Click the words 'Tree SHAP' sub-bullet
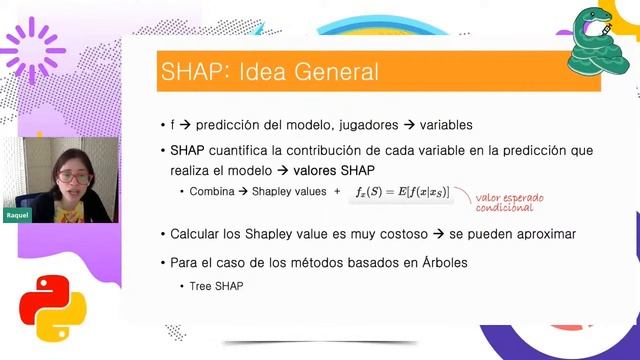(x=216, y=286)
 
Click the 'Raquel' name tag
(x=17, y=214)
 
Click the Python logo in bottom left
(x=46, y=304)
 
